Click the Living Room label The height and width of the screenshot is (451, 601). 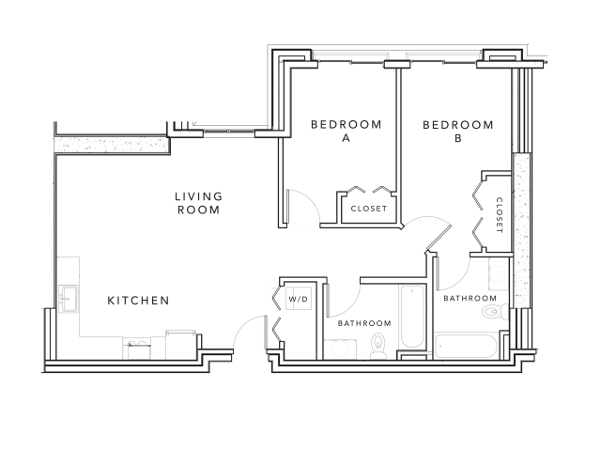click(198, 203)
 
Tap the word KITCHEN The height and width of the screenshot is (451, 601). click(138, 301)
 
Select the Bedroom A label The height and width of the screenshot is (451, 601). click(346, 131)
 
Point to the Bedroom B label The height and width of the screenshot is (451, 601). click(457, 131)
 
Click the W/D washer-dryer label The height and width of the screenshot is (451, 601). click(298, 301)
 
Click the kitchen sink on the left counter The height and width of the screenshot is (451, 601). click(67, 298)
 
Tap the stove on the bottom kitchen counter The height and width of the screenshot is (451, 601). click(137, 347)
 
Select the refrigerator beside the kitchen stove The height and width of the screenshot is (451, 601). click(180, 345)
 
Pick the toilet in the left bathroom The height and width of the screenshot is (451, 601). click(378, 345)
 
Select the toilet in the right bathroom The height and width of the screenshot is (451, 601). click(504, 312)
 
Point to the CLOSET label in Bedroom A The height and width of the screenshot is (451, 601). click(368, 209)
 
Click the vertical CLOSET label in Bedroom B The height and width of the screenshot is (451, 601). click(499, 216)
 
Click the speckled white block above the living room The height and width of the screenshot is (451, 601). click(111, 146)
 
